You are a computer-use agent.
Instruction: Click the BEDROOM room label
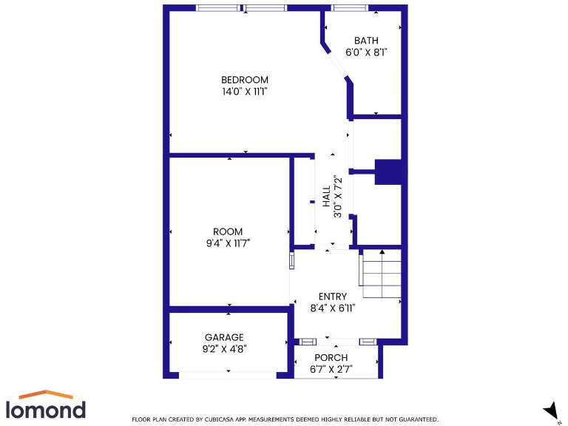[x=245, y=80]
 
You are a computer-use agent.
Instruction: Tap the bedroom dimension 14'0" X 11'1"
[x=245, y=92]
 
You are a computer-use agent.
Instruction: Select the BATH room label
[x=366, y=41]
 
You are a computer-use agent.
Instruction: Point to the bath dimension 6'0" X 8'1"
[x=367, y=53]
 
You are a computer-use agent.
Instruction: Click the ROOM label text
[x=228, y=231]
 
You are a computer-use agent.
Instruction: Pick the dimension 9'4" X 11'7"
[x=228, y=243]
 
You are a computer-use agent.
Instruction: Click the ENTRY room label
[x=332, y=297]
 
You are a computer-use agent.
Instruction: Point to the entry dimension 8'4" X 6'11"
[x=332, y=308]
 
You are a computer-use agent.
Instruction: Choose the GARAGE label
[x=224, y=337]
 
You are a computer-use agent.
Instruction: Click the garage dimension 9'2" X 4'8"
[x=224, y=349]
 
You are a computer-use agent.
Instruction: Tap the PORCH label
[x=331, y=357]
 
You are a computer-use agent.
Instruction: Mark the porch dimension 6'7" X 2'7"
[x=331, y=369]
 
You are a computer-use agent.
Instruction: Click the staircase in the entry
[x=381, y=268]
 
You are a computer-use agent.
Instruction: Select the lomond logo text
[x=46, y=409]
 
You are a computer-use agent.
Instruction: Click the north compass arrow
[x=550, y=409]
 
